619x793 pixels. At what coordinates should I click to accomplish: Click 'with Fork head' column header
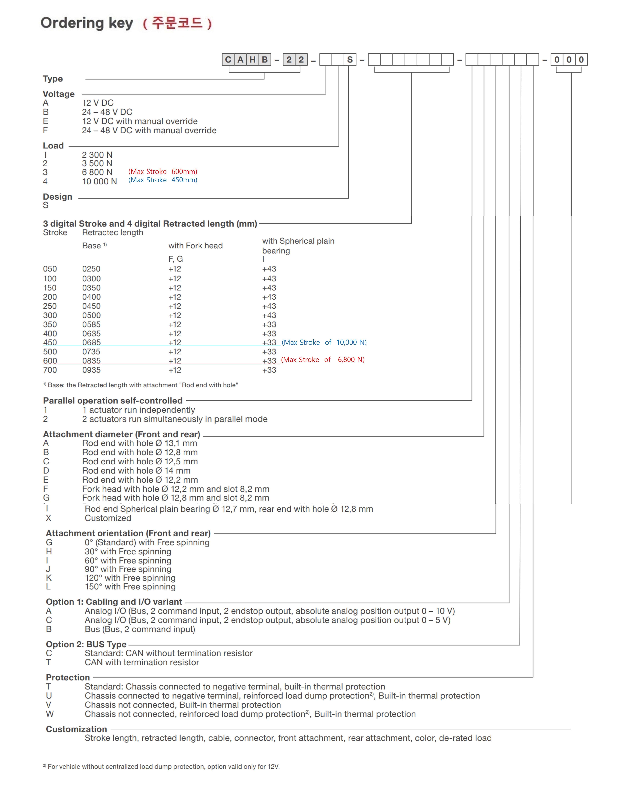tap(195, 246)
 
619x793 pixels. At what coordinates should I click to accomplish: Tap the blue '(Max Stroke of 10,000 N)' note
tap(324, 342)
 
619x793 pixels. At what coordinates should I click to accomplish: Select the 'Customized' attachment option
tap(108, 518)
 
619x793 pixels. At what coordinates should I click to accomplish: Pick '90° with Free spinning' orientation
tap(128, 569)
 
